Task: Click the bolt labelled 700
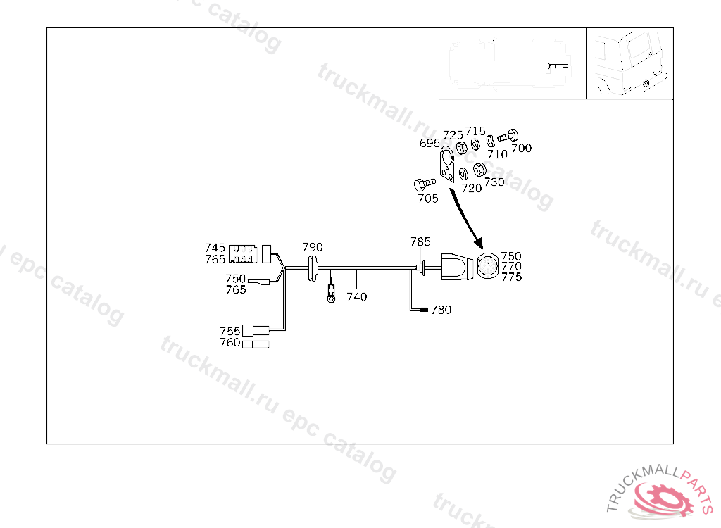pyautogui.click(x=508, y=135)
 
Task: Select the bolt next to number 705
pyautogui.click(x=422, y=185)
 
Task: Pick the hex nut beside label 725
pyautogui.click(x=463, y=148)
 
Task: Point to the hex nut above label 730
pyautogui.click(x=479, y=170)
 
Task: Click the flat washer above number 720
pyautogui.click(x=464, y=173)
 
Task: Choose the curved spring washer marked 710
pyautogui.click(x=491, y=143)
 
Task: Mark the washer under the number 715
pyautogui.click(x=476, y=144)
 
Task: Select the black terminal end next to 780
pyautogui.click(x=423, y=310)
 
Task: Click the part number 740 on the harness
pyautogui.click(x=357, y=297)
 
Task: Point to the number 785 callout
pyautogui.click(x=420, y=241)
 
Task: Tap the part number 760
pyautogui.click(x=230, y=343)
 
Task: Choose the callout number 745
pyautogui.click(x=215, y=248)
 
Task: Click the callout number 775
pyautogui.click(x=512, y=277)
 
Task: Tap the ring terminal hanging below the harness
pyautogui.click(x=330, y=298)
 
